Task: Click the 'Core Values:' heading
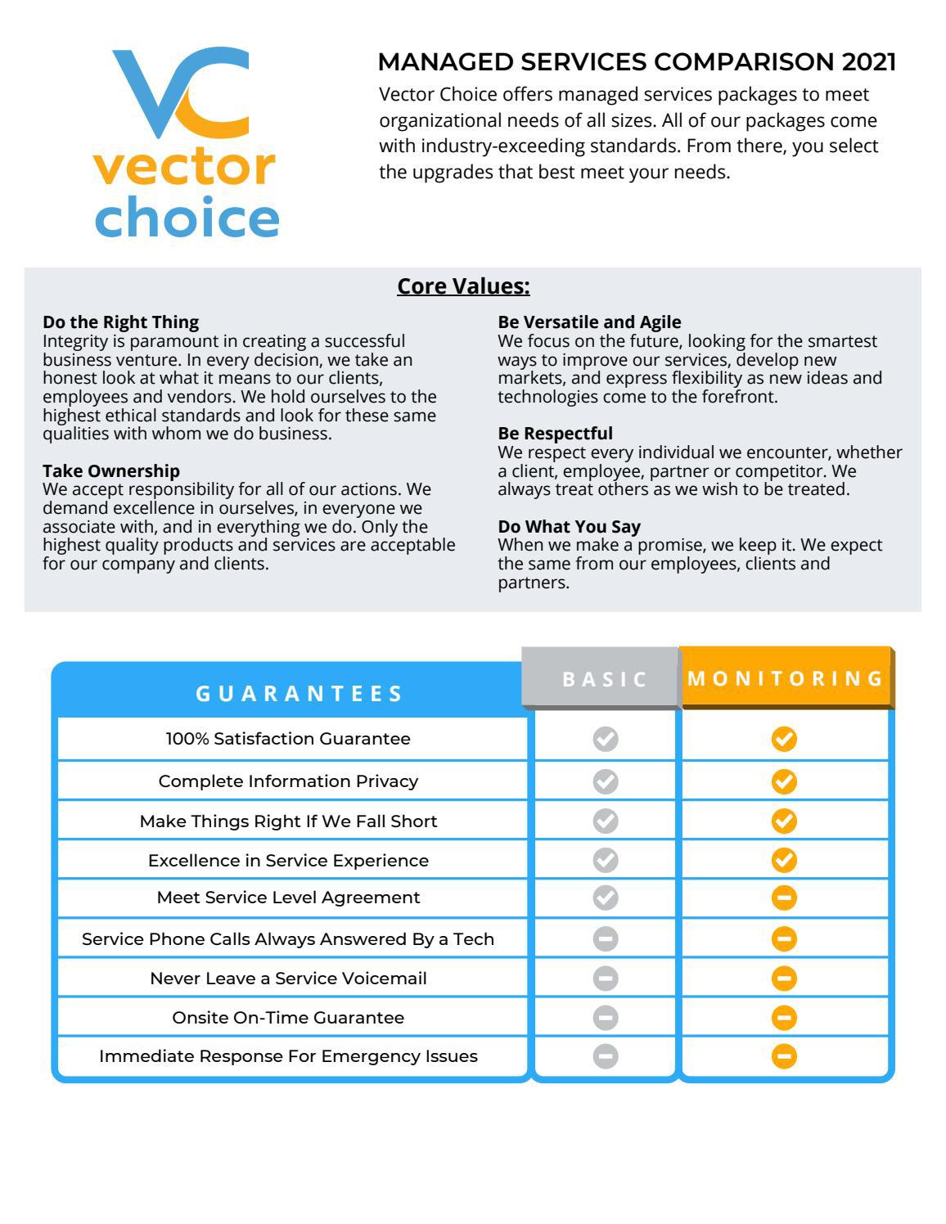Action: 463,286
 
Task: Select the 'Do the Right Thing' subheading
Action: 120,322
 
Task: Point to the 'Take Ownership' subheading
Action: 111,470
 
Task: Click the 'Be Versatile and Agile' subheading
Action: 589,322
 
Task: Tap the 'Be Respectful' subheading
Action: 555,434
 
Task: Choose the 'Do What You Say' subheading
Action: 569,526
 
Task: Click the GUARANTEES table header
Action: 300,694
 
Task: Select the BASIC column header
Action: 605,679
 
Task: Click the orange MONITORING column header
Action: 786,678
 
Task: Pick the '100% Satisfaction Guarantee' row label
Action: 288,739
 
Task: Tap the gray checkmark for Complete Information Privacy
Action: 606,781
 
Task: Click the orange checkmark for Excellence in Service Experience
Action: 784,860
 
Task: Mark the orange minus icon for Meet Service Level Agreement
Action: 784,898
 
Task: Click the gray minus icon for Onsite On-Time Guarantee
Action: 606,1018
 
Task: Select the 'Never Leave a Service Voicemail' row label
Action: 288,979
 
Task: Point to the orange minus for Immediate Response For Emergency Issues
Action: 784,1056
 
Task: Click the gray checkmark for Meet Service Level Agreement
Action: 606,898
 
